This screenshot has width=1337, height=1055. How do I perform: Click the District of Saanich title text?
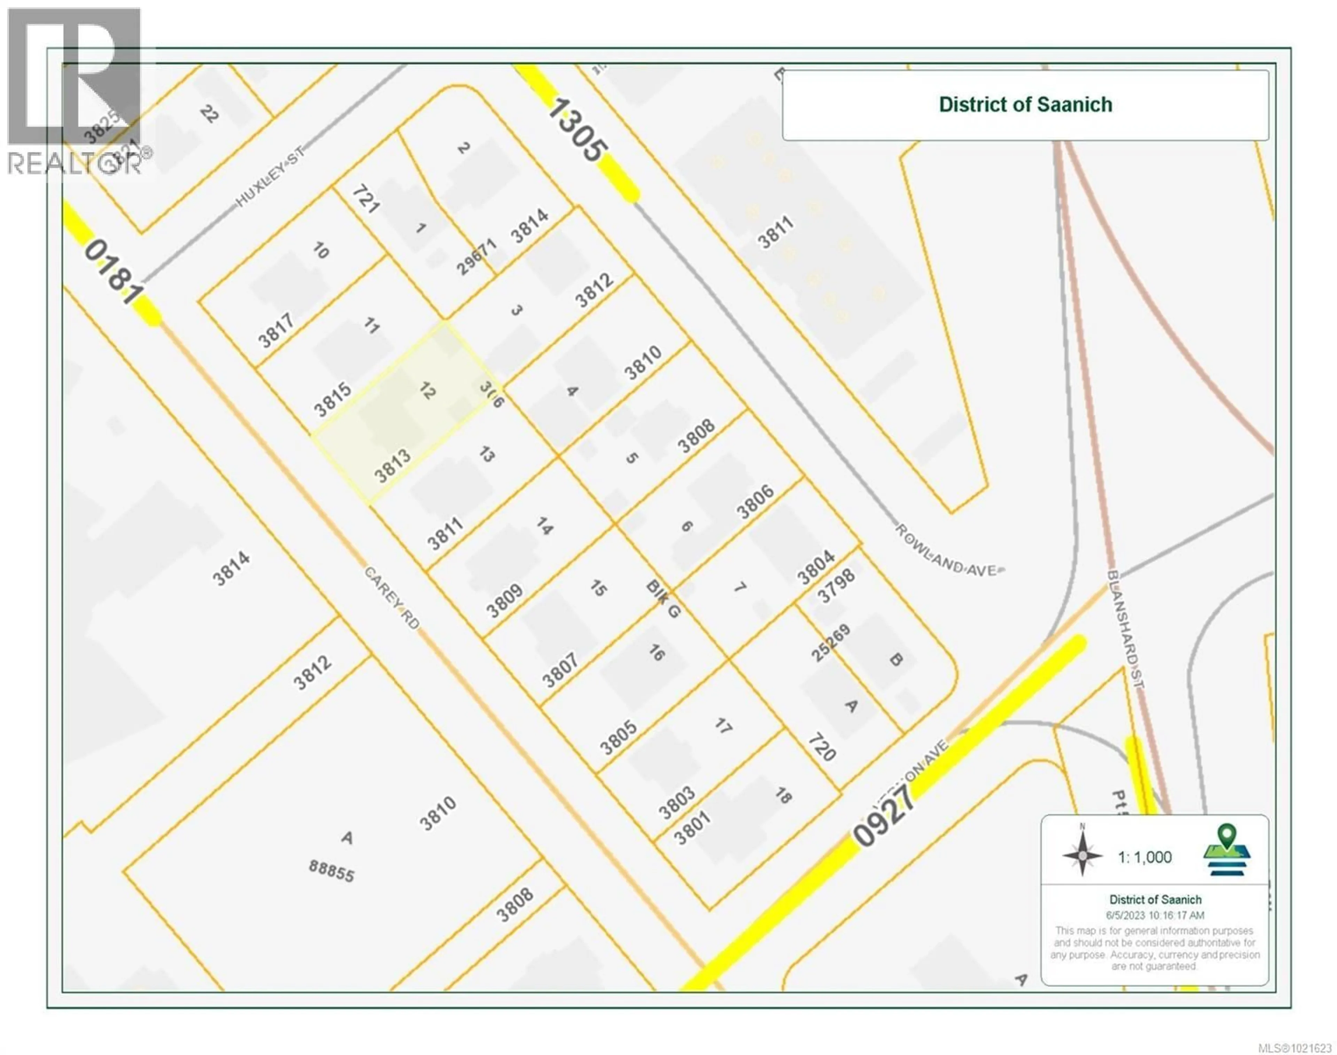click(x=1025, y=104)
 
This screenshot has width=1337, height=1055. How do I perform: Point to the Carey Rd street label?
click(x=392, y=598)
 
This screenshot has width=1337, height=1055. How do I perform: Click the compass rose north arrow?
click(x=1082, y=855)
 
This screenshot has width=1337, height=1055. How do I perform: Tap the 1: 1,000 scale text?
click(x=1144, y=857)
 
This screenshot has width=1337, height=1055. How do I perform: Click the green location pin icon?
click(x=1227, y=851)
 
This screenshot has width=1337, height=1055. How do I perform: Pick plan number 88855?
click(x=331, y=871)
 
